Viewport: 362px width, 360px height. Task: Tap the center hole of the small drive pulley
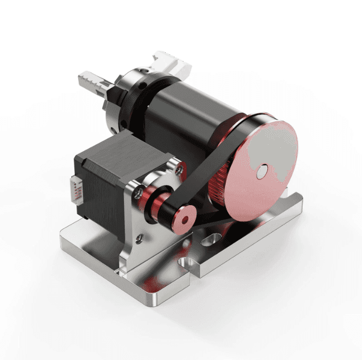(x=184, y=219)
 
